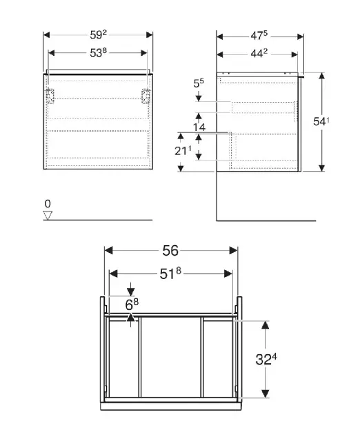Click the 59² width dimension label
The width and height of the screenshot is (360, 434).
click(x=98, y=35)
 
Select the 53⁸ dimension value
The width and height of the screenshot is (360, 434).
click(x=98, y=52)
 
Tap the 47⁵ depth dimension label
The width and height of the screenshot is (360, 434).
click(x=259, y=35)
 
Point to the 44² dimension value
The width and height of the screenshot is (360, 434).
click(x=259, y=54)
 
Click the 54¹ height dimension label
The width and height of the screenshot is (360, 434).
click(x=321, y=121)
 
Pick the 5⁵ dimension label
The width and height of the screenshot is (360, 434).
click(x=199, y=83)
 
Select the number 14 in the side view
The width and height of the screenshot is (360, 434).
click(x=199, y=127)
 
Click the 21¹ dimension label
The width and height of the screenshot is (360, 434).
click(x=183, y=151)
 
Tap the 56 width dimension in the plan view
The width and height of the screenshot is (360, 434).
click(x=170, y=251)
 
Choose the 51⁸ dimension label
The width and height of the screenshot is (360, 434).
click(x=170, y=273)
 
